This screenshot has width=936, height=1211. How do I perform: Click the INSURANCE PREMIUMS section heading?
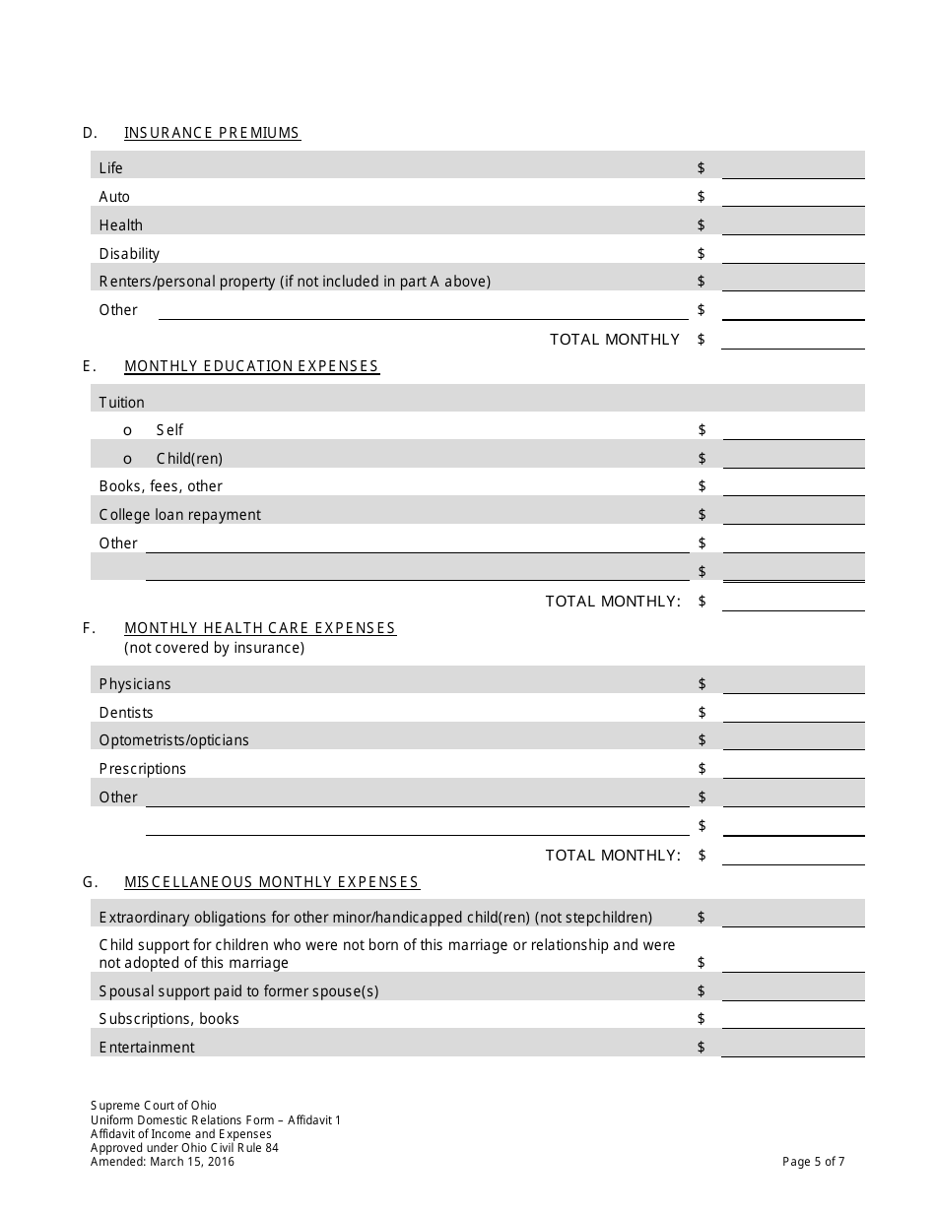[212, 133]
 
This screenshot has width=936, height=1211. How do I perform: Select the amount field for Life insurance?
[793, 168]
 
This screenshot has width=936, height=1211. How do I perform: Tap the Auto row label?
[114, 197]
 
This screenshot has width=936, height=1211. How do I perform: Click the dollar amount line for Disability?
[793, 254]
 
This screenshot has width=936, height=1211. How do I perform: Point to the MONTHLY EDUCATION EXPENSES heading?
[251, 366]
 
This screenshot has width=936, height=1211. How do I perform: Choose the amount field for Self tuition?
[793, 430]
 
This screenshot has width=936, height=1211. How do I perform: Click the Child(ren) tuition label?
[189, 459]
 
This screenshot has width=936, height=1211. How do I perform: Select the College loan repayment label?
[180, 515]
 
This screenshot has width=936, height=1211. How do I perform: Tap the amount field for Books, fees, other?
[793, 486]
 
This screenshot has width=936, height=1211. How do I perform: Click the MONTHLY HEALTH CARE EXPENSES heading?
[260, 628]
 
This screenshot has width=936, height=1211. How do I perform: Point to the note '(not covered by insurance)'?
[214, 648]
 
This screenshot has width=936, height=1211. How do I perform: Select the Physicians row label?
[135, 684]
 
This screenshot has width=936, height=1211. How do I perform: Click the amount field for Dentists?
[793, 713]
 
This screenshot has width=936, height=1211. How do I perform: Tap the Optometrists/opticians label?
[174, 740]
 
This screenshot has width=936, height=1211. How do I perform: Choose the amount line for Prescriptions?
[793, 769]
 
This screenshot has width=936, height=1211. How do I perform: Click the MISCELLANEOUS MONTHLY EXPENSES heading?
[272, 882]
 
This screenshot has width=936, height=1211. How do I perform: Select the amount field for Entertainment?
[793, 1048]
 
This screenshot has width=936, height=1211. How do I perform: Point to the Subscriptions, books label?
[169, 1019]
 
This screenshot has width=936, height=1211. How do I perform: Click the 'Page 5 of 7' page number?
[813, 1162]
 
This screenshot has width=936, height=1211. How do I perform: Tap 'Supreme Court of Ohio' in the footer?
[154, 1106]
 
